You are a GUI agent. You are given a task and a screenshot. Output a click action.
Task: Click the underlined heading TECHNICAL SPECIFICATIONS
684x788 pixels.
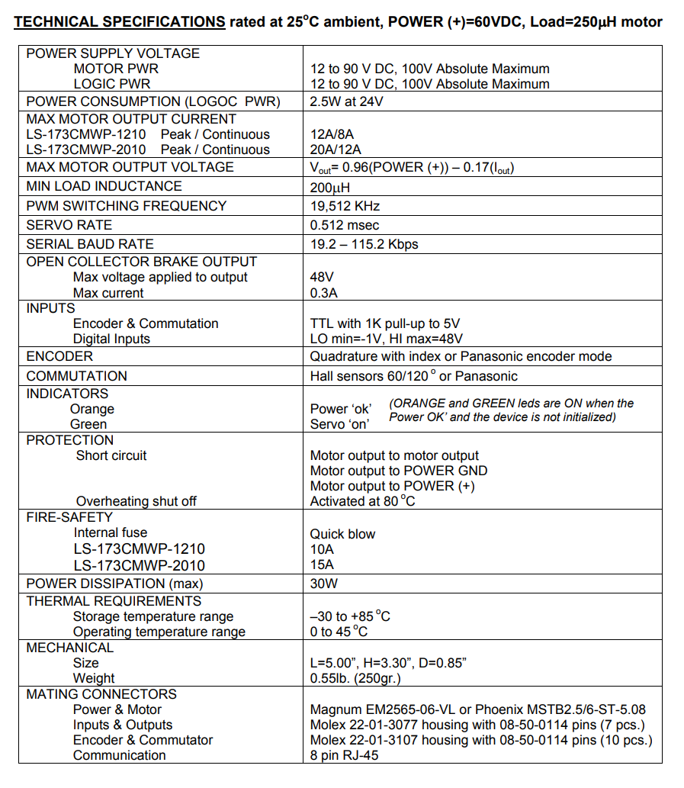pos(120,22)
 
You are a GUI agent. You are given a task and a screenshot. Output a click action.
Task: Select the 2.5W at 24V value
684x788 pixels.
pos(346,101)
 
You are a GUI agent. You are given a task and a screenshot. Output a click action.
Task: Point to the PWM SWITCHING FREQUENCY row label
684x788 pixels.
pos(126,206)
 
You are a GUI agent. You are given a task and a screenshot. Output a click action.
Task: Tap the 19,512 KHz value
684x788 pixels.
pos(345,206)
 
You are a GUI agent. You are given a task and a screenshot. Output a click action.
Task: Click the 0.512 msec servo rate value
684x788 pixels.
pos(345,225)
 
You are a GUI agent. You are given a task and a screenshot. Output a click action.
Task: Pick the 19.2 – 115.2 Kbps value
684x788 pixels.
pos(364,244)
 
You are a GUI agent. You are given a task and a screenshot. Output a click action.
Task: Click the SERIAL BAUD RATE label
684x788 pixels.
pos(90,244)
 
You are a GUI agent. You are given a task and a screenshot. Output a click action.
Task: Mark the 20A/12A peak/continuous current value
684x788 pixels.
pos(336,150)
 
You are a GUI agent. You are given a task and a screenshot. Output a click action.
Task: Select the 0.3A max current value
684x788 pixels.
pos(324,293)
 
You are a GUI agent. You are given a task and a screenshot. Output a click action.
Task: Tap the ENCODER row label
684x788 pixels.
pos(59,356)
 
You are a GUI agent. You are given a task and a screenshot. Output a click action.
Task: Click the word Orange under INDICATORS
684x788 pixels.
pos(92,409)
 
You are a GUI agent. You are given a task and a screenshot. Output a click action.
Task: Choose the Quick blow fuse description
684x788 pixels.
pos(342,534)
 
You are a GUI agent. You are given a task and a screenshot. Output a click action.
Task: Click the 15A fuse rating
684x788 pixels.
pos(322,565)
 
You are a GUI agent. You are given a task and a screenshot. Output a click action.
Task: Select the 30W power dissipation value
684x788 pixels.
pos(324,584)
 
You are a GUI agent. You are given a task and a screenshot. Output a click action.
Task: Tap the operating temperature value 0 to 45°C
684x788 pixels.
pos(339,632)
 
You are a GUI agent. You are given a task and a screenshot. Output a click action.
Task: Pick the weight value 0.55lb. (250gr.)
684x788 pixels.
pos(355,678)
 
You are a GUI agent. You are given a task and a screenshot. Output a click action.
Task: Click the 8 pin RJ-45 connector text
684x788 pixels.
pos(344,755)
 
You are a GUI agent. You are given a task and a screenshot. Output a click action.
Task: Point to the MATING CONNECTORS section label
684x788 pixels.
pos(101,694)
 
